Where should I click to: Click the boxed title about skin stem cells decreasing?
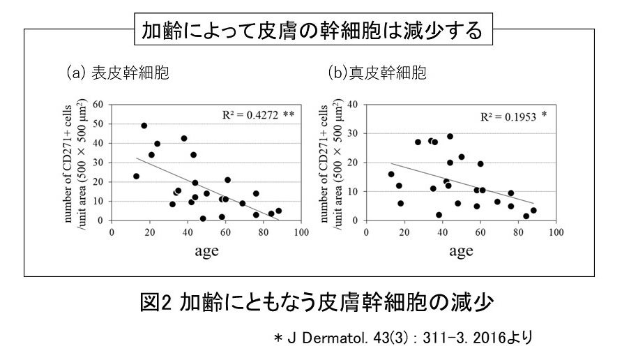(x=311, y=30)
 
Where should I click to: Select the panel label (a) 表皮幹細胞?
(x=118, y=73)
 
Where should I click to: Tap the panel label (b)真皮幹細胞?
(x=377, y=73)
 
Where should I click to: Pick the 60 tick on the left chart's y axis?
(x=100, y=105)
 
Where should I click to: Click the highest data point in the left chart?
(x=144, y=126)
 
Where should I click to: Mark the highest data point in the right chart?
(x=450, y=137)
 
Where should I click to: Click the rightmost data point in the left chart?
(x=278, y=211)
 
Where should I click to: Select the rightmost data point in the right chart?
(x=533, y=210)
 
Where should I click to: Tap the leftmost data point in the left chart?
(x=137, y=177)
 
